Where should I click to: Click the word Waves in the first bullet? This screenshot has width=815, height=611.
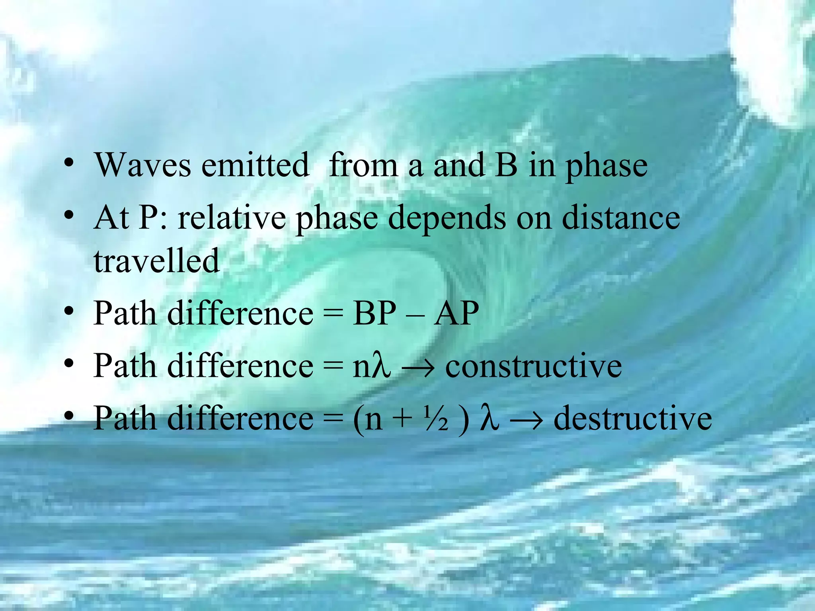tap(142, 165)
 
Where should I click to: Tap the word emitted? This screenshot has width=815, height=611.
tap(255, 165)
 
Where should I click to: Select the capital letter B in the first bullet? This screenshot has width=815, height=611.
tap(506, 165)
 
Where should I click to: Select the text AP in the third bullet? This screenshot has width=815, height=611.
tap(456, 313)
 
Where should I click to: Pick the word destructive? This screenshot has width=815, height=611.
tap(633, 418)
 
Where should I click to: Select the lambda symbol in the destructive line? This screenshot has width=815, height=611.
tap(489, 418)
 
